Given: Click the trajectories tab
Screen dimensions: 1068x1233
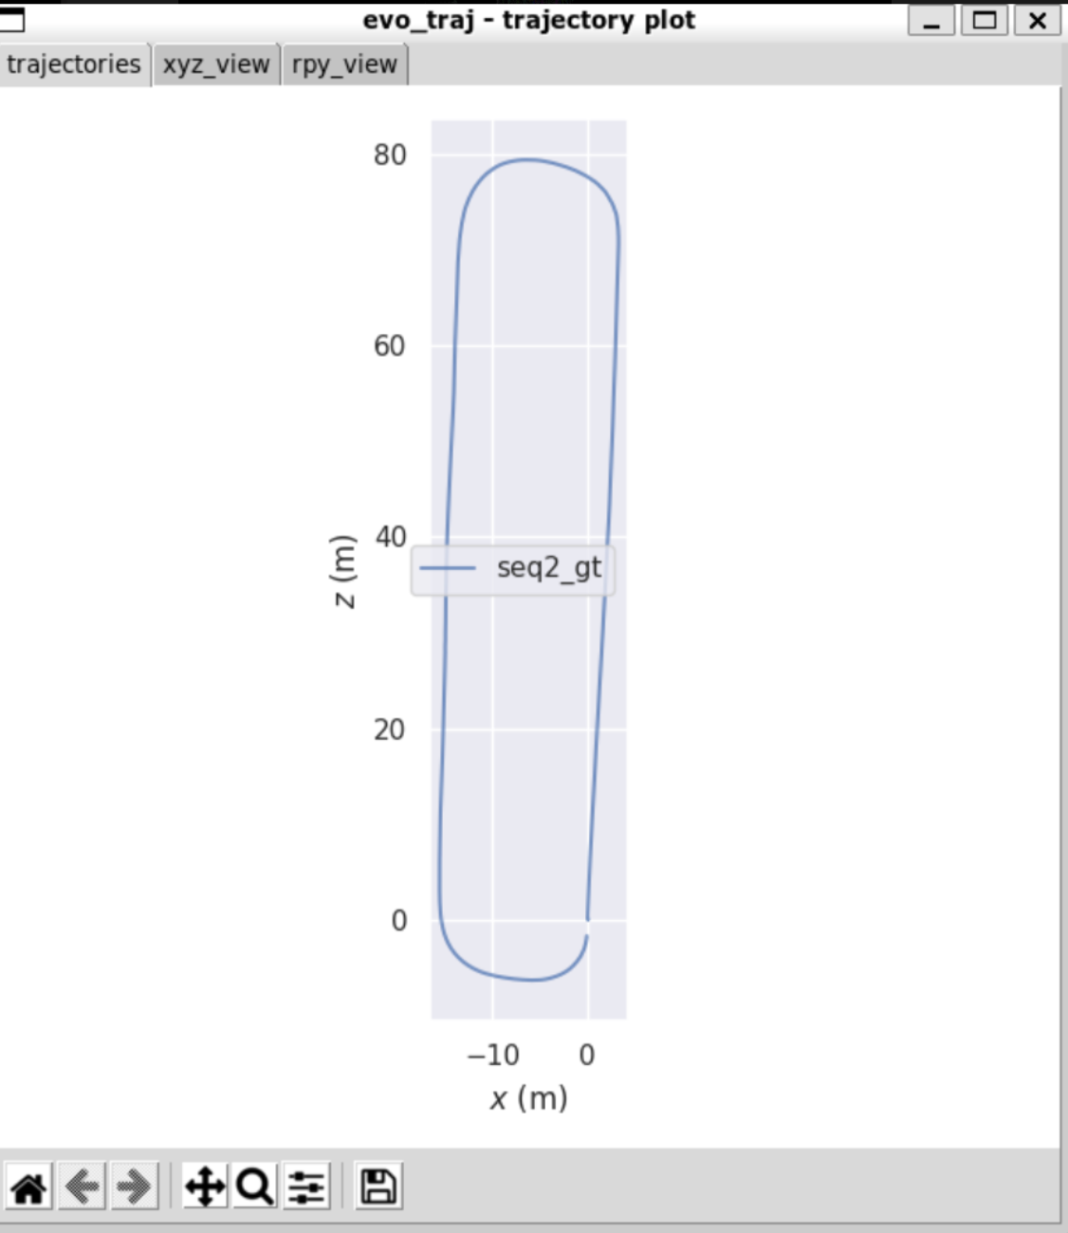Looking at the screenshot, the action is coord(74,64).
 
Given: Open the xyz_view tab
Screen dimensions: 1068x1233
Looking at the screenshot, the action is coord(216,64).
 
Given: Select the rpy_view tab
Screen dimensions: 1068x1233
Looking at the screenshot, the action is coord(345,64).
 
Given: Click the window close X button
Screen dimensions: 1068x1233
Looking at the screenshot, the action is coord(1038,21).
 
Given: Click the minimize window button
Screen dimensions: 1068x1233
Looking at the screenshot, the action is coord(931,21).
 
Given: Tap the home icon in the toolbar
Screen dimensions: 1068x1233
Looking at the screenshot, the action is coord(28,1186).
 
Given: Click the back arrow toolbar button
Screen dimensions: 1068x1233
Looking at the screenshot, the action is coord(82,1186).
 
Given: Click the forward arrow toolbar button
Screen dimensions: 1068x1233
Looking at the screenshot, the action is coord(135,1186).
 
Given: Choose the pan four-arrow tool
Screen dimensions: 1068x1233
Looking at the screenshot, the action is coord(205,1186).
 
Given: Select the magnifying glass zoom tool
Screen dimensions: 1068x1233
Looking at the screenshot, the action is coord(255,1186).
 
